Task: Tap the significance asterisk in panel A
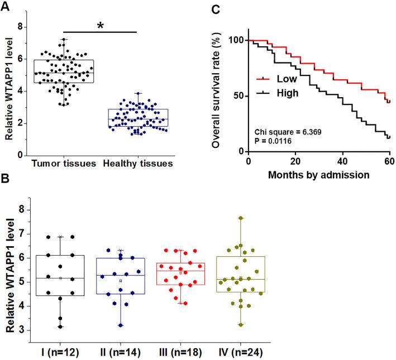101,26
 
